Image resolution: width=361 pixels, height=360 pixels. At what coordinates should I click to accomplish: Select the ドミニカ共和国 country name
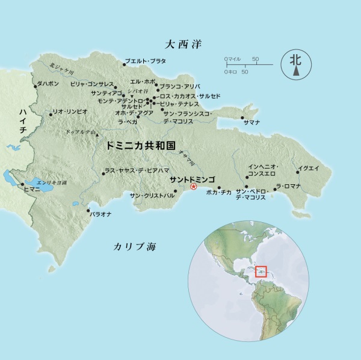[x=140, y=146]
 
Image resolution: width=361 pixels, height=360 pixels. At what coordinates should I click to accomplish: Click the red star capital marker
[x=194, y=186]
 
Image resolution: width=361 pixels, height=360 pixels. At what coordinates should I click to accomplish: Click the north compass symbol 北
[x=295, y=61]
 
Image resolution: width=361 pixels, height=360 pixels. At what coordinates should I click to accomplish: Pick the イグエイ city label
[x=309, y=168]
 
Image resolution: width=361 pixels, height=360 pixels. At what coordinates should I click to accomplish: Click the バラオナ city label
[x=100, y=213]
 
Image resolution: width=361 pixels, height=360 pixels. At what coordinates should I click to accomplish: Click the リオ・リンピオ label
[x=70, y=111]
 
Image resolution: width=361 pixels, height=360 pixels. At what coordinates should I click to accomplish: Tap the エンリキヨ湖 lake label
[x=51, y=181]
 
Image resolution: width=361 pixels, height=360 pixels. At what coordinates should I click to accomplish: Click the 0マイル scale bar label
[x=233, y=58]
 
